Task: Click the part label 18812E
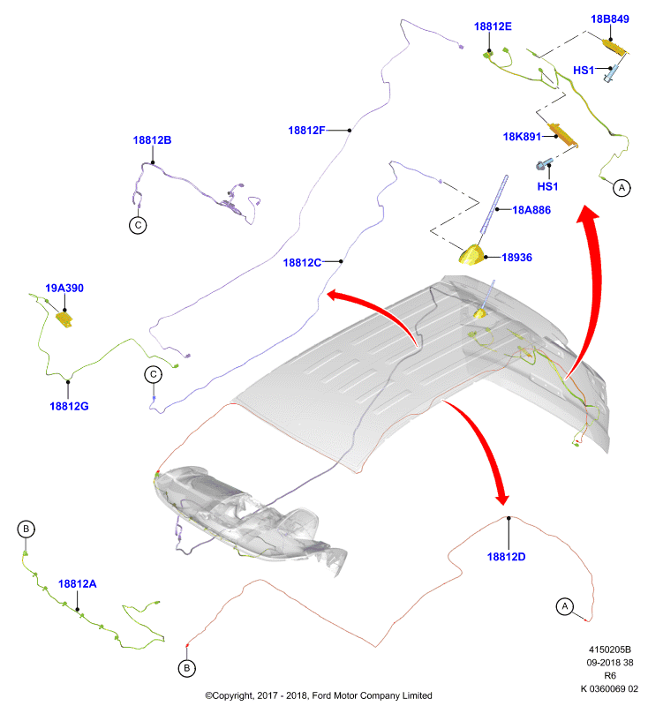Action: click(493, 26)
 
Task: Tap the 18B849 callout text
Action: click(610, 19)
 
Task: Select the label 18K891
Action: click(522, 137)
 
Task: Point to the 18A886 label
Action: click(531, 210)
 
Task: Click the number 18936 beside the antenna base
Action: click(517, 258)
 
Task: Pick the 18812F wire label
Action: click(306, 131)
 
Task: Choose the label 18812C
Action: click(302, 262)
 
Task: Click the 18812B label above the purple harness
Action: click(152, 140)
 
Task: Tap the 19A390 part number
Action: click(64, 289)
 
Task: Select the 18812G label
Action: click(69, 406)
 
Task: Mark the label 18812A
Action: click(78, 584)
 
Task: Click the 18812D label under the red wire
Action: click(506, 557)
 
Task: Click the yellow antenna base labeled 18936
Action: click(471, 254)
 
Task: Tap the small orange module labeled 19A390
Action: click(64, 319)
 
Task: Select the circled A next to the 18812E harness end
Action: click(622, 188)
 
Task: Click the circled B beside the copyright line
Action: click(187, 668)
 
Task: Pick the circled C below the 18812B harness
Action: click(138, 225)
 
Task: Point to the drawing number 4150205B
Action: click(610, 650)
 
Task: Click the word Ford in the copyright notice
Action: click(321, 695)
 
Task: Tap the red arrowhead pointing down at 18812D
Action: click(501, 498)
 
